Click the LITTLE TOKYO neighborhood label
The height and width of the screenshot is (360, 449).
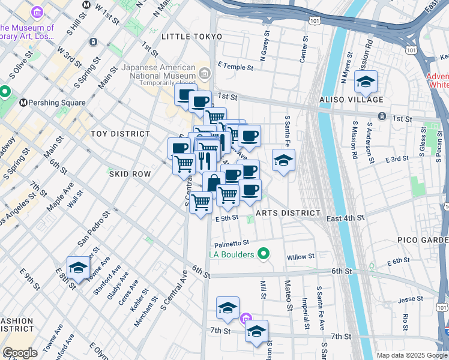192,37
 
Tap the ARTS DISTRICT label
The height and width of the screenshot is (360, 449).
288,213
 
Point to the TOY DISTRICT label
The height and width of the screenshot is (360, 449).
120,134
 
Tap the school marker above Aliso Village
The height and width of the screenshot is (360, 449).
365,82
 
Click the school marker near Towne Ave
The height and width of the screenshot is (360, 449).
78,268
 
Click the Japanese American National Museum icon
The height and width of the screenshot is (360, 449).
204,74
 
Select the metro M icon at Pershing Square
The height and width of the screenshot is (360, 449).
25,103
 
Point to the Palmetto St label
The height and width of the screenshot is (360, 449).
232,243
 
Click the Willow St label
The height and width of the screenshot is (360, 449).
301,256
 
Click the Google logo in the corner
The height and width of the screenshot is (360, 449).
20,353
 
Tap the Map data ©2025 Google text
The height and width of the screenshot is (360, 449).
411,355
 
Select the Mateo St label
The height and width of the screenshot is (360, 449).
288,292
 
